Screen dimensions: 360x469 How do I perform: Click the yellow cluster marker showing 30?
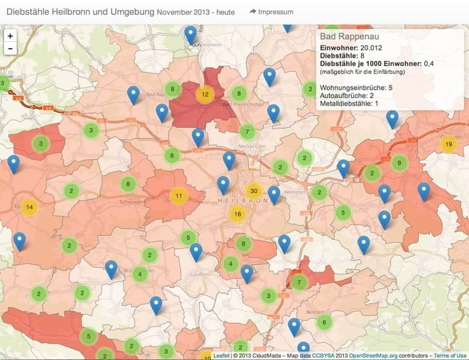(x=254, y=190)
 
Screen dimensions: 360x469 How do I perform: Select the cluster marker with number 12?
(x=205, y=94)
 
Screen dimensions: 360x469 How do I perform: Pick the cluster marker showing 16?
(x=237, y=214)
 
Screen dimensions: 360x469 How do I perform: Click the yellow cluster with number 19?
(x=448, y=144)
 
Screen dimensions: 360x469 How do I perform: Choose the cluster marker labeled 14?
(x=29, y=207)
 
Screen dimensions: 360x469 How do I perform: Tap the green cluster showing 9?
(x=399, y=163)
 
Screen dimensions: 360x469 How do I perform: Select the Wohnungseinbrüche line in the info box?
(x=356, y=87)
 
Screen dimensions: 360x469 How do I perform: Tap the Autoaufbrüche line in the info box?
(x=347, y=96)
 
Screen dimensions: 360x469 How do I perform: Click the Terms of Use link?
(x=450, y=355)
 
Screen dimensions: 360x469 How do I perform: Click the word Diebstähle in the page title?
(x=28, y=12)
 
